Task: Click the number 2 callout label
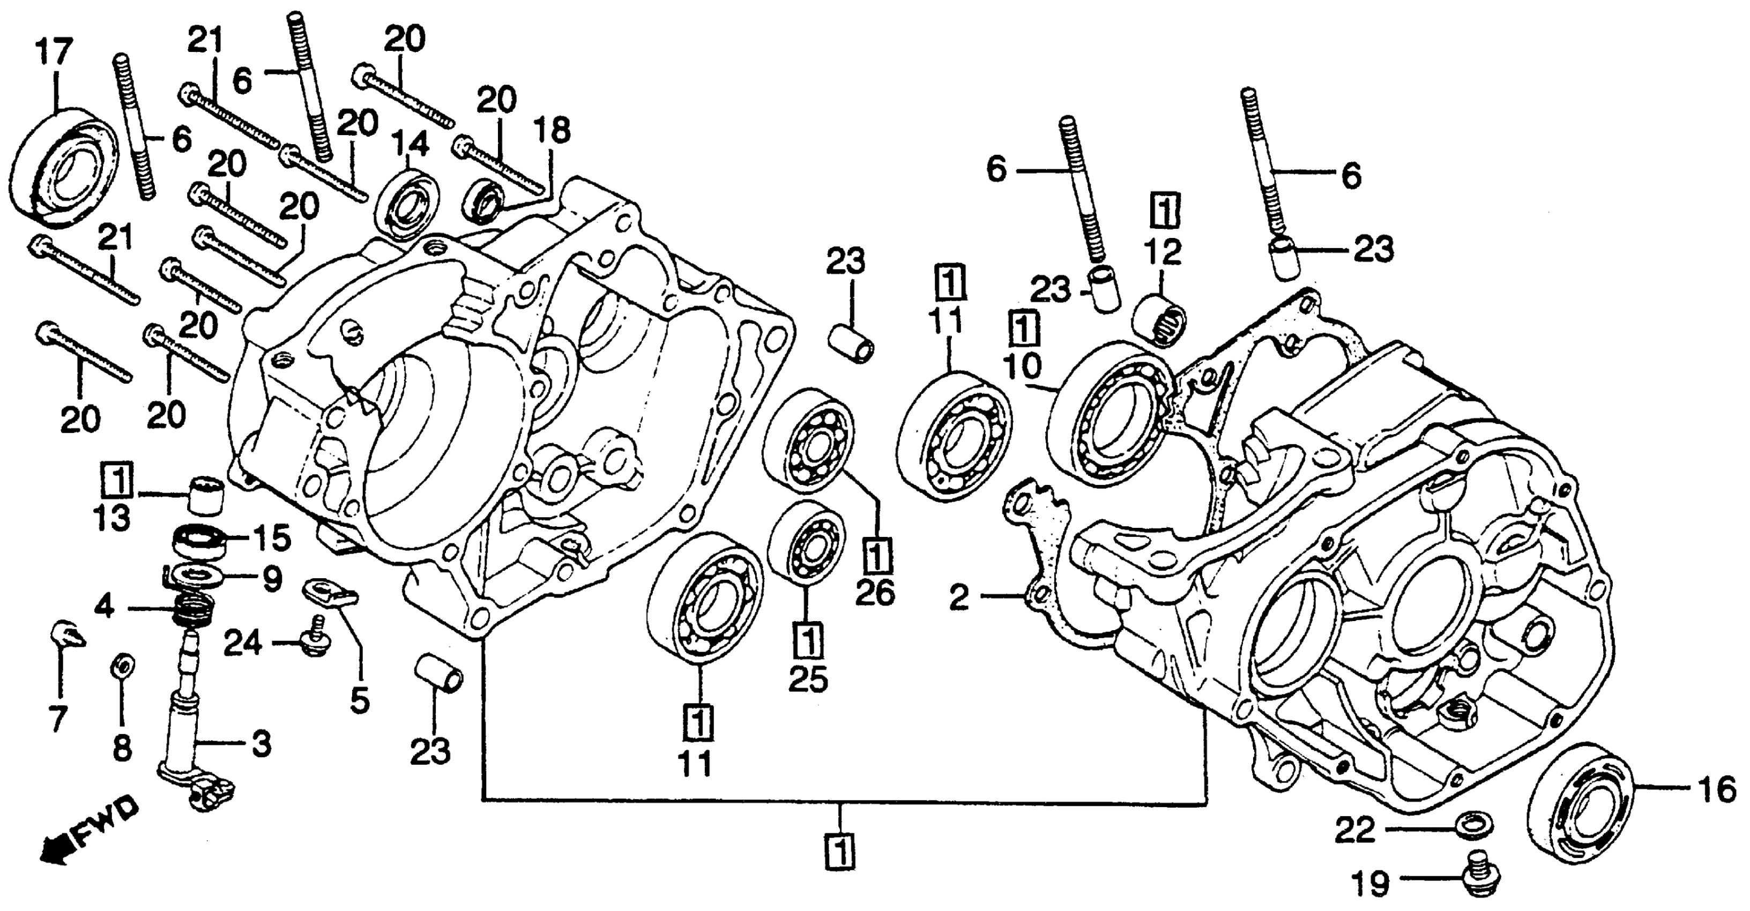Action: click(x=958, y=598)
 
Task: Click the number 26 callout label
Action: click(x=875, y=594)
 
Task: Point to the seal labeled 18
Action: click(x=482, y=200)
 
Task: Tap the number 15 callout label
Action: click(x=270, y=539)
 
